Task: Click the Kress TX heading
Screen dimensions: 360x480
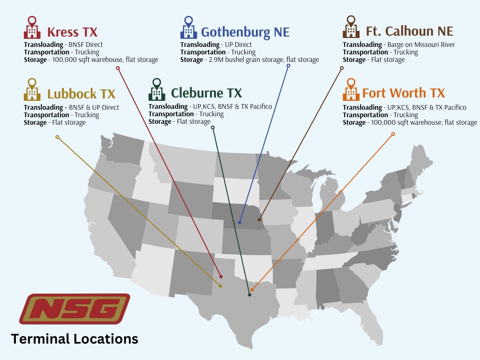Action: [72, 32]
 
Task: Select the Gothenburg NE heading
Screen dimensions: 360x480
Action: [245, 32]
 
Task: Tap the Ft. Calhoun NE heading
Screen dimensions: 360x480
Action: [409, 31]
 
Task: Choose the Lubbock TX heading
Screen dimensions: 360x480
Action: [81, 94]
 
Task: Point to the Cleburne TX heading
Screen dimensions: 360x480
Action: [206, 93]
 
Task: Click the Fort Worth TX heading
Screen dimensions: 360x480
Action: [404, 93]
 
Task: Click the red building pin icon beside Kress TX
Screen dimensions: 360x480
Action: [32, 28]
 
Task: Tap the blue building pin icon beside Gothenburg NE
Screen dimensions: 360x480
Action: [188, 28]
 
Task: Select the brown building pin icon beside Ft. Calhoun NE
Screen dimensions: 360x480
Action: [351, 27]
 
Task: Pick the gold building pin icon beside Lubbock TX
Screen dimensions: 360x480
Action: [32, 89]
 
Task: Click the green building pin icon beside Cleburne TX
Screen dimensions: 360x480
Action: [157, 89]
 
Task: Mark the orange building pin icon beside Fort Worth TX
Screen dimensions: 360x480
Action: [351, 89]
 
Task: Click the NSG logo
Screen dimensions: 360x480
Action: [75, 309]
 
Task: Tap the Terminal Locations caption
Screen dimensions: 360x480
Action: [75, 338]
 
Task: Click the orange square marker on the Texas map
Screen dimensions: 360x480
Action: [252, 290]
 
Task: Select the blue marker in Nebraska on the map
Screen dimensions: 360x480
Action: [240, 223]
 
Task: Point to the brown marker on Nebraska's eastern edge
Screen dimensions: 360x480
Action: [259, 219]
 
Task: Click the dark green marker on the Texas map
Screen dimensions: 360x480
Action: [249, 295]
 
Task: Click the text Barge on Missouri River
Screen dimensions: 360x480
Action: [421, 45]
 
